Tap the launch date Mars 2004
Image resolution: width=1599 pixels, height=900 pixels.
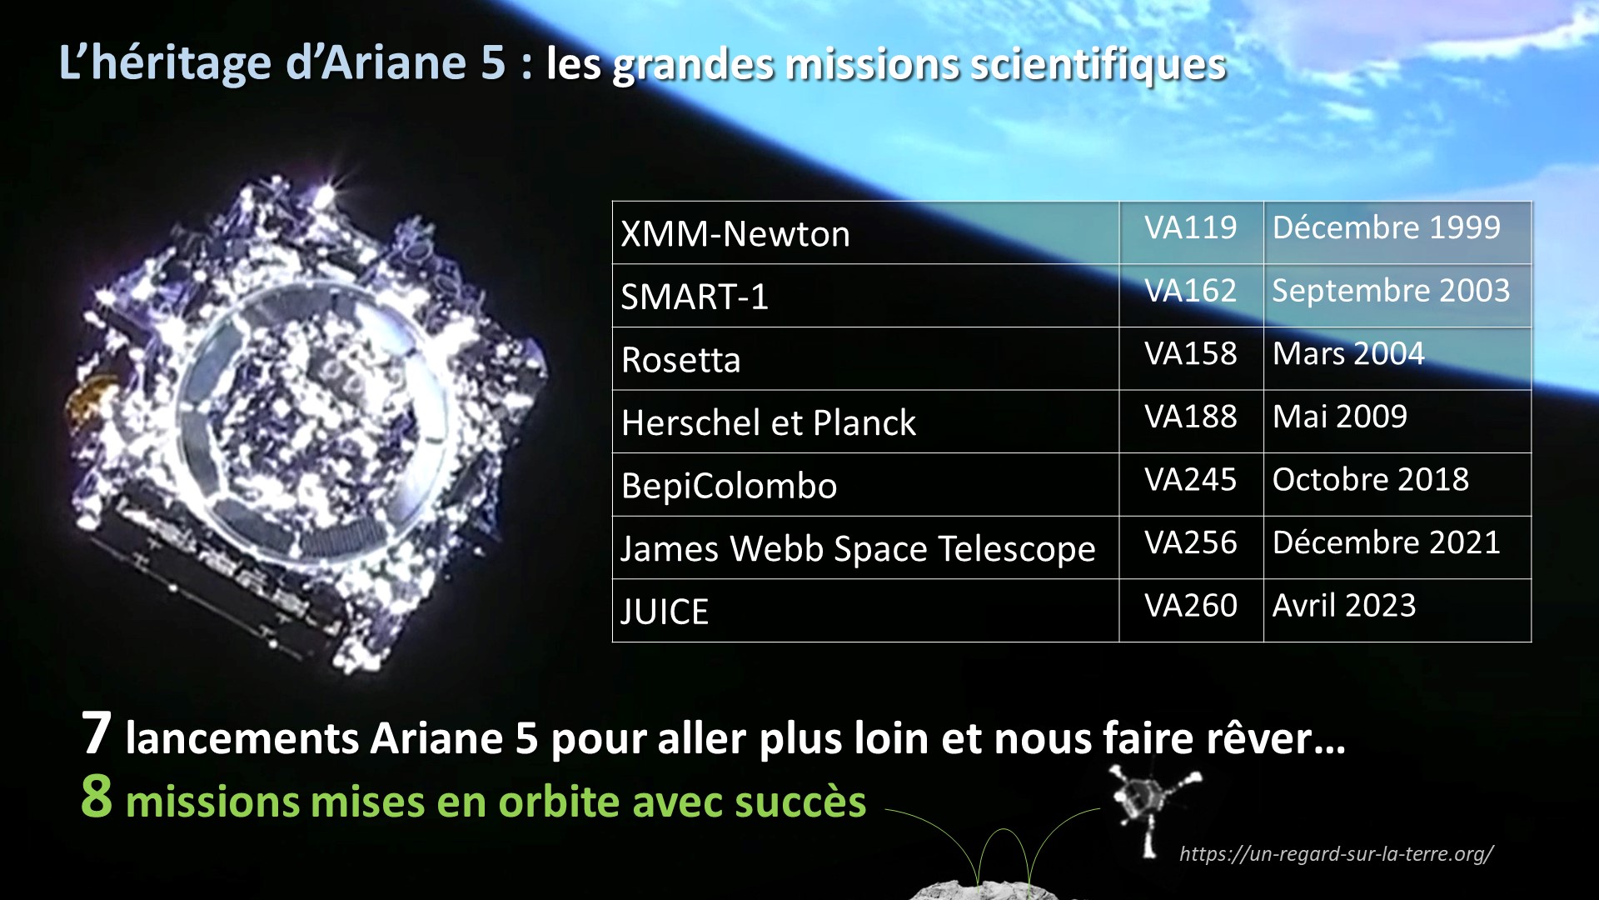tap(1348, 354)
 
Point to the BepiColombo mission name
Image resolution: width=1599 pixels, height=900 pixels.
tap(729, 486)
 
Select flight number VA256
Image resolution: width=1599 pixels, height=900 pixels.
tap(1190, 542)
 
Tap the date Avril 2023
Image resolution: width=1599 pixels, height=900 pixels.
tap(1344, 606)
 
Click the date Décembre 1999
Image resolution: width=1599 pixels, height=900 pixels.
tap(1387, 227)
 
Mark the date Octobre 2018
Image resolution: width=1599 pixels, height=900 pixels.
tap(1371, 480)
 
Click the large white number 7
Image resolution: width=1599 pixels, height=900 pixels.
tap(97, 733)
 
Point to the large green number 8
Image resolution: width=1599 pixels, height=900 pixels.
tap(97, 796)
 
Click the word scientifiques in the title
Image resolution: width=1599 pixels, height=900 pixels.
tap(1098, 65)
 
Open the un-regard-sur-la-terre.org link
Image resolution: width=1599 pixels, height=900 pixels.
tap(1337, 853)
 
